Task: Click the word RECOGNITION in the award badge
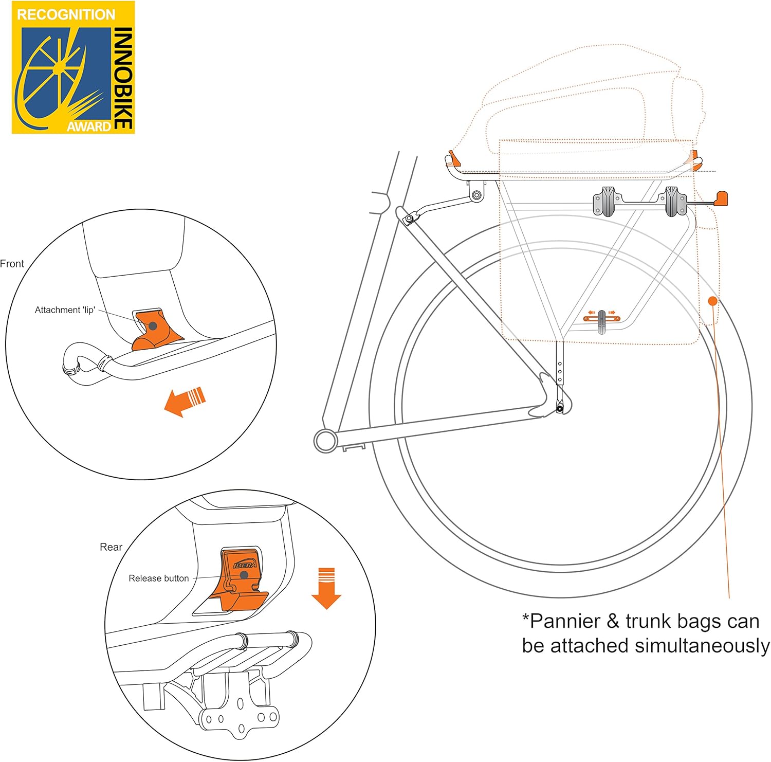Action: point(66,14)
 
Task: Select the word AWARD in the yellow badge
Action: point(88,126)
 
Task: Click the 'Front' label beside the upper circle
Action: point(12,264)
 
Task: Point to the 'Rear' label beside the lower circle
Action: point(111,547)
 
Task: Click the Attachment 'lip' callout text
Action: point(65,310)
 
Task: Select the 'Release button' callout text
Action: point(159,578)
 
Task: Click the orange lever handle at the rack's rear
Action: point(721,198)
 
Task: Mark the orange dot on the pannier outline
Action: point(712,301)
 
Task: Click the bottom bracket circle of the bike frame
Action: point(325,441)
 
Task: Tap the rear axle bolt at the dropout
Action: point(560,409)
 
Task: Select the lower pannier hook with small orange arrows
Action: point(602,319)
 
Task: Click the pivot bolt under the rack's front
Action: point(477,195)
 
